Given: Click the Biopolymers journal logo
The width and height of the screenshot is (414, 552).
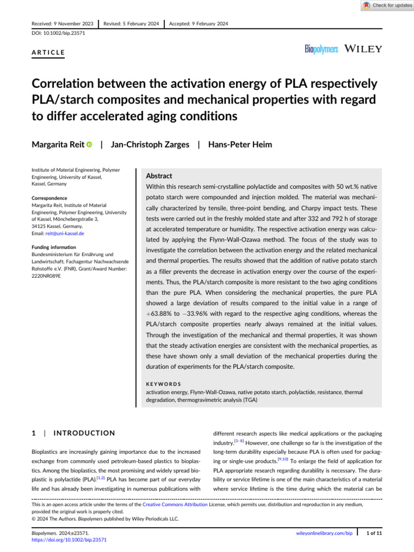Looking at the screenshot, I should tap(321, 49).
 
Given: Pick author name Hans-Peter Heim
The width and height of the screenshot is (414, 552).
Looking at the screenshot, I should tap(239, 144).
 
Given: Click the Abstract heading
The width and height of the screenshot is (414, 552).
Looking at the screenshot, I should tap(160, 176).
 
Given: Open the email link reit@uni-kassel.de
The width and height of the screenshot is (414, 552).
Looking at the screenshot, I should tap(65, 234).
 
